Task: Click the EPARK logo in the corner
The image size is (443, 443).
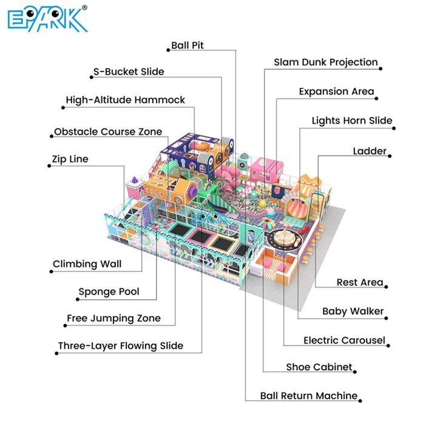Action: (x=47, y=19)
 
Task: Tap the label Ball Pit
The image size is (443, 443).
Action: (x=188, y=45)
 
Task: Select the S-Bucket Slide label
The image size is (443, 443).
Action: (x=129, y=72)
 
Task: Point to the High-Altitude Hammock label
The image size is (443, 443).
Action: (x=125, y=100)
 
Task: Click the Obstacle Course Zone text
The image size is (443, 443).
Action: (x=108, y=132)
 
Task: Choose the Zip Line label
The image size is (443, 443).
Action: (x=70, y=159)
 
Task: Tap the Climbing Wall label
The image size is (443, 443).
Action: (x=87, y=264)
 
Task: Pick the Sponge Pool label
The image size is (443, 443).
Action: (x=109, y=291)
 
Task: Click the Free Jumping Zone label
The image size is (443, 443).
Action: (x=113, y=319)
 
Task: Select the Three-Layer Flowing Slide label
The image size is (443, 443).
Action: (x=121, y=346)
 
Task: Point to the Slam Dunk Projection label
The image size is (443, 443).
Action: (x=326, y=62)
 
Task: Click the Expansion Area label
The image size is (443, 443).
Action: (x=336, y=92)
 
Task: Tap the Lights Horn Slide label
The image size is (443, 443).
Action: (x=352, y=121)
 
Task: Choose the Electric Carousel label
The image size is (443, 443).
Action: (x=345, y=340)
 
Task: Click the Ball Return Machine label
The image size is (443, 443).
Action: (x=309, y=396)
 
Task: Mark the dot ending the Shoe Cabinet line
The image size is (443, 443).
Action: (x=355, y=372)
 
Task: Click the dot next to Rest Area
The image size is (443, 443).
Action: (x=386, y=287)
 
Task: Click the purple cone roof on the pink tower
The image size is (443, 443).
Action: (x=135, y=180)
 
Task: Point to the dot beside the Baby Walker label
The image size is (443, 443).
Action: (x=386, y=318)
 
